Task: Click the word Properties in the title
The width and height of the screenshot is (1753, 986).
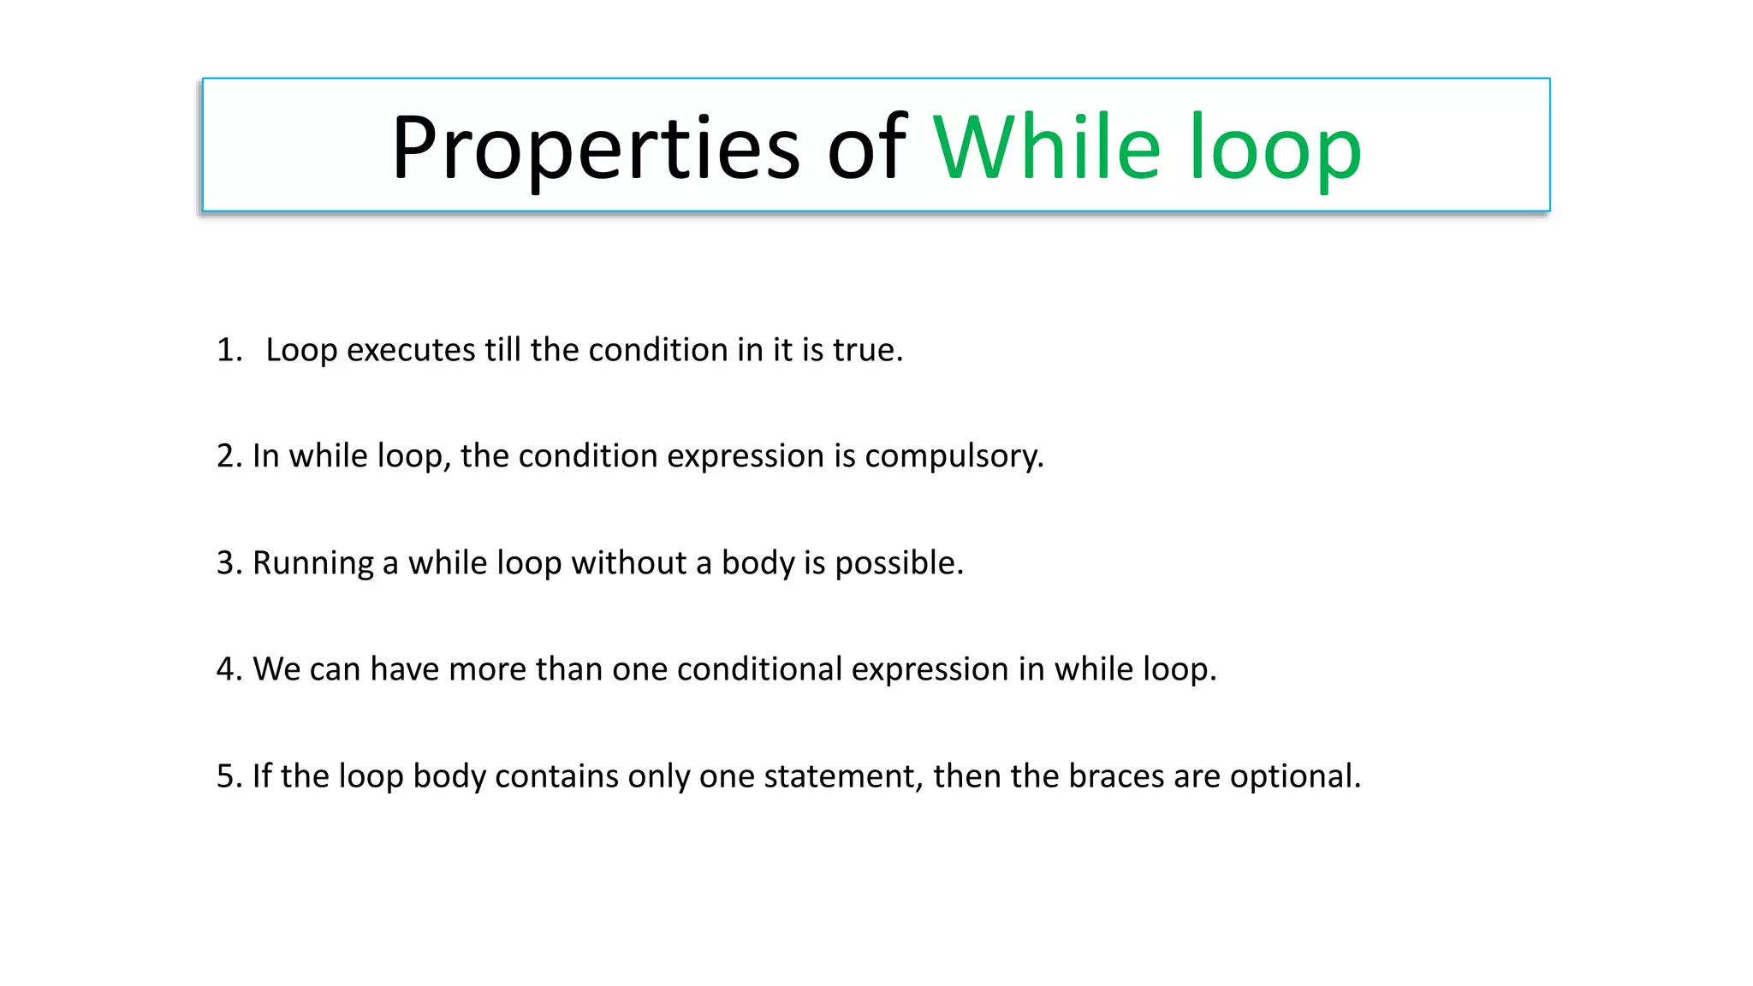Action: click(x=595, y=149)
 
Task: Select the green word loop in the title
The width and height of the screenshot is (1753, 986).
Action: click(x=1275, y=149)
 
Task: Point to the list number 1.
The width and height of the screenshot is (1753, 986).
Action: click(x=229, y=350)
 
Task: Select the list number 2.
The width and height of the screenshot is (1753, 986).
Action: click(x=229, y=456)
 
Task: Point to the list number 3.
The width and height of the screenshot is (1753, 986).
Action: click(x=229, y=563)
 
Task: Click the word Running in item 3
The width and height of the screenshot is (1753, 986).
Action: click(x=313, y=563)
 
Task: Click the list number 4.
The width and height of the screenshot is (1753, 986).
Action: click(x=229, y=669)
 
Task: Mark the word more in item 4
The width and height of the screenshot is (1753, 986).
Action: click(x=487, y=669)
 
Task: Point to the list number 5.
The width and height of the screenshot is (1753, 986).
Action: click(x=229, y=776)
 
